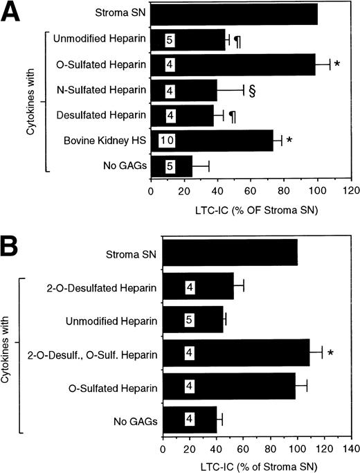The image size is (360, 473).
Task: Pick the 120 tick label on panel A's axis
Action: (351, 188)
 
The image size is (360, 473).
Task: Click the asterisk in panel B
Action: (331, 353)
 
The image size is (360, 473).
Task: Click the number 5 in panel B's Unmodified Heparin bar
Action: (190, 321)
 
